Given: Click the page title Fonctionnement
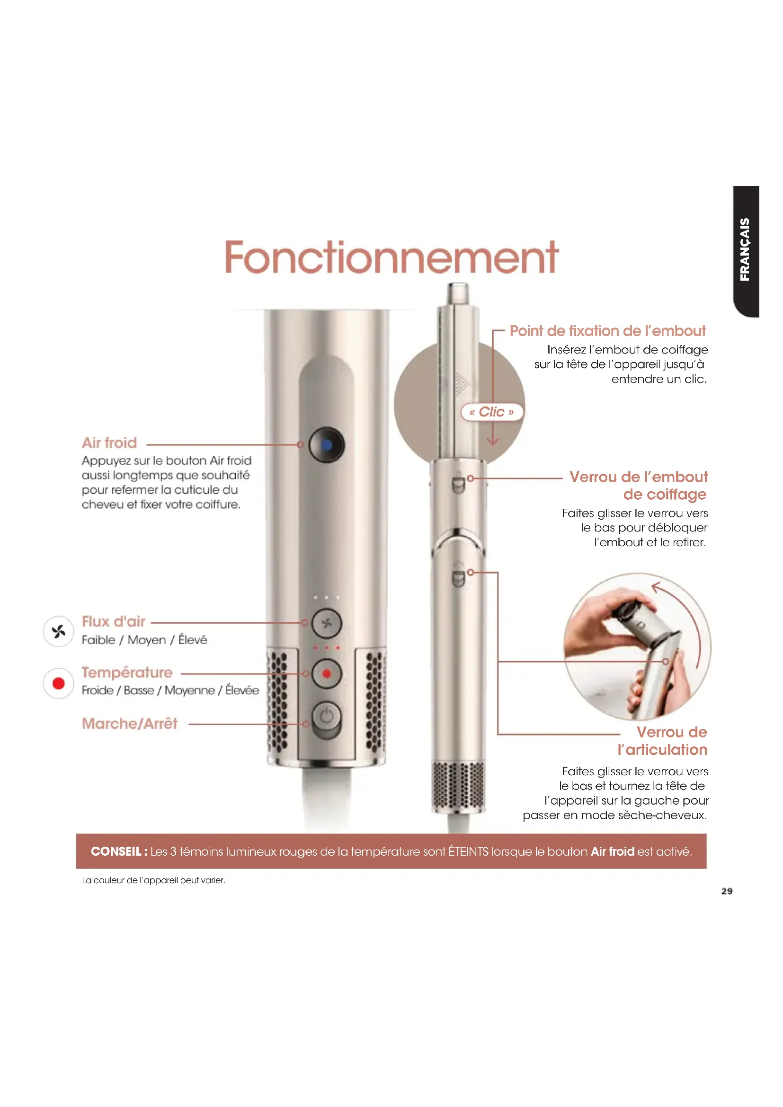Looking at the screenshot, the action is click(x=391, y=257).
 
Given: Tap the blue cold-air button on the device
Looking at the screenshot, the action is click(x=327, y=445).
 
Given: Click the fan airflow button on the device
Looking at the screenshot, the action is click(x=327, y=623).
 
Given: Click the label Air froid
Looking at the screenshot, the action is click(x=109, y=443).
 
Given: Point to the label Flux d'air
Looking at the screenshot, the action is click(x=113, y=621).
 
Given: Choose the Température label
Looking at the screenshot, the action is click(x=127, y=673).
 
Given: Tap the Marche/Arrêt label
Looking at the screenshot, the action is click(x=130, y=724).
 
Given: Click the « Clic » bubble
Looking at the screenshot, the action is click(x=492, y=412).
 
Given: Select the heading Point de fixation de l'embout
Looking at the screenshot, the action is click(x=607, y=331).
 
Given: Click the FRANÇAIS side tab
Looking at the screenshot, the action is click(x=746, y=251).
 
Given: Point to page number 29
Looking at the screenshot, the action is click(x=727, y=892).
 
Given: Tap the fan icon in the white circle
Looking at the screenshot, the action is click(x=58, y=631).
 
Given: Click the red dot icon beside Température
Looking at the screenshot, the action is click(x=58, y=683).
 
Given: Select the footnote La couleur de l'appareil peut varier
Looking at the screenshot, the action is click(x=154, y=880).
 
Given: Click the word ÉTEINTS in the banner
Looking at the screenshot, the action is click(x=468, y=852).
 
